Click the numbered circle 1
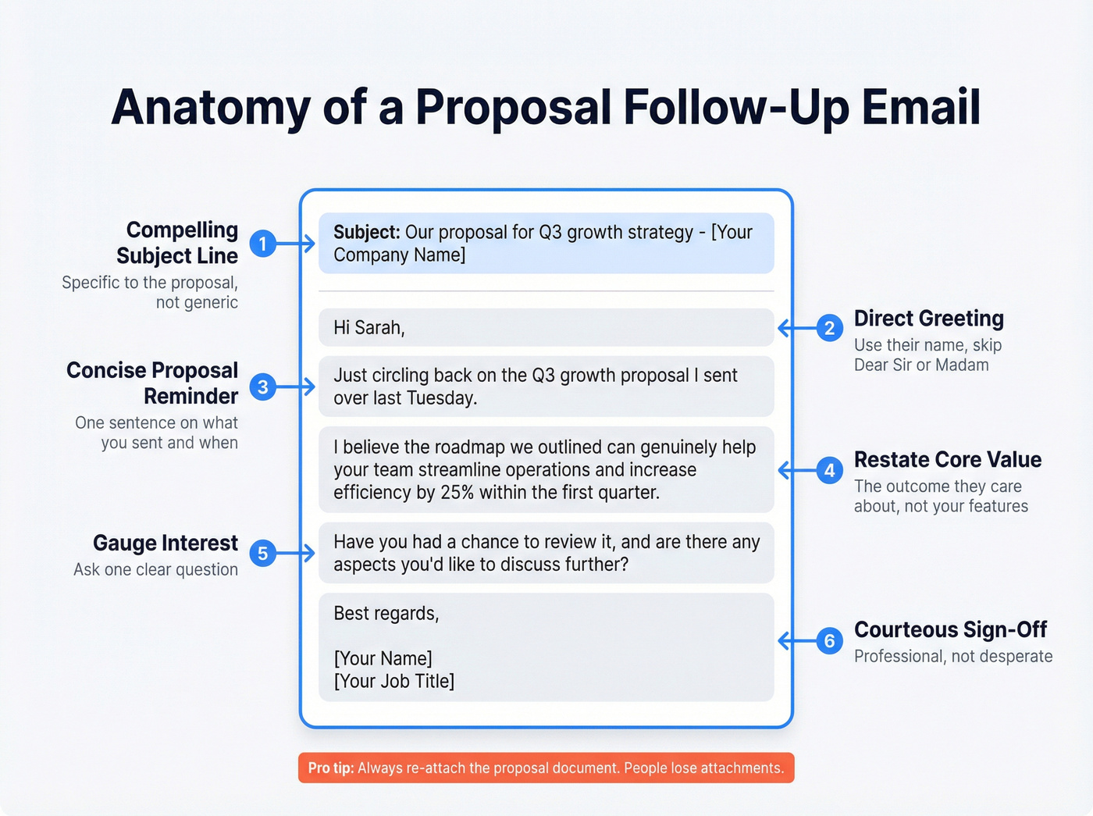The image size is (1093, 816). point(263,244)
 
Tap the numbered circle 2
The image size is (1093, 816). point(830,328)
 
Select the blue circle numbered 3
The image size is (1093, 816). point(263,387)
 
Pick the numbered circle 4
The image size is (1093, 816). point(830,470)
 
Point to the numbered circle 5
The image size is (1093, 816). point(263,554)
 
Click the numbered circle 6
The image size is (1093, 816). point(830,641)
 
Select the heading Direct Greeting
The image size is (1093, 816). point(928,319)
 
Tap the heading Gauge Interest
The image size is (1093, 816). point(165,543)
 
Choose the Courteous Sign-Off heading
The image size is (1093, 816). point(950,629)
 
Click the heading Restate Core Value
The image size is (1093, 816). point(947,459)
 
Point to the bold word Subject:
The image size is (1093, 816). point(366,233)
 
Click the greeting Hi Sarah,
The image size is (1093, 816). point(368,328)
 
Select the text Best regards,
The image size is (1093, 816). point(386,614)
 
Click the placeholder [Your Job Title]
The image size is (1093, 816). point(393,681)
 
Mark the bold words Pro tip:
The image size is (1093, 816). point(330,768)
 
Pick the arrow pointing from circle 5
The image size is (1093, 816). point(297,554)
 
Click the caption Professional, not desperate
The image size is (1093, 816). point(952,657)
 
